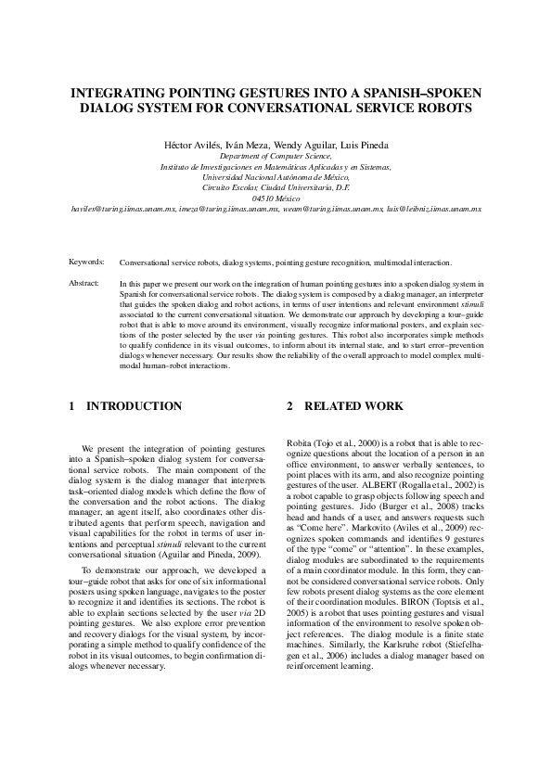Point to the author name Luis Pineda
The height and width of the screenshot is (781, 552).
pyautogui.click(x=363, y=145)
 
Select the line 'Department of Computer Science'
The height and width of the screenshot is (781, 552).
pyautogui.click(x=276, y=157)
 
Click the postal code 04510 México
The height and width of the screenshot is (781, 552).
pyautogui.click(x=276, y=198)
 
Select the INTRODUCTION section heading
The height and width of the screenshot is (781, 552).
pyautogui.click(x=134, y=406)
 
